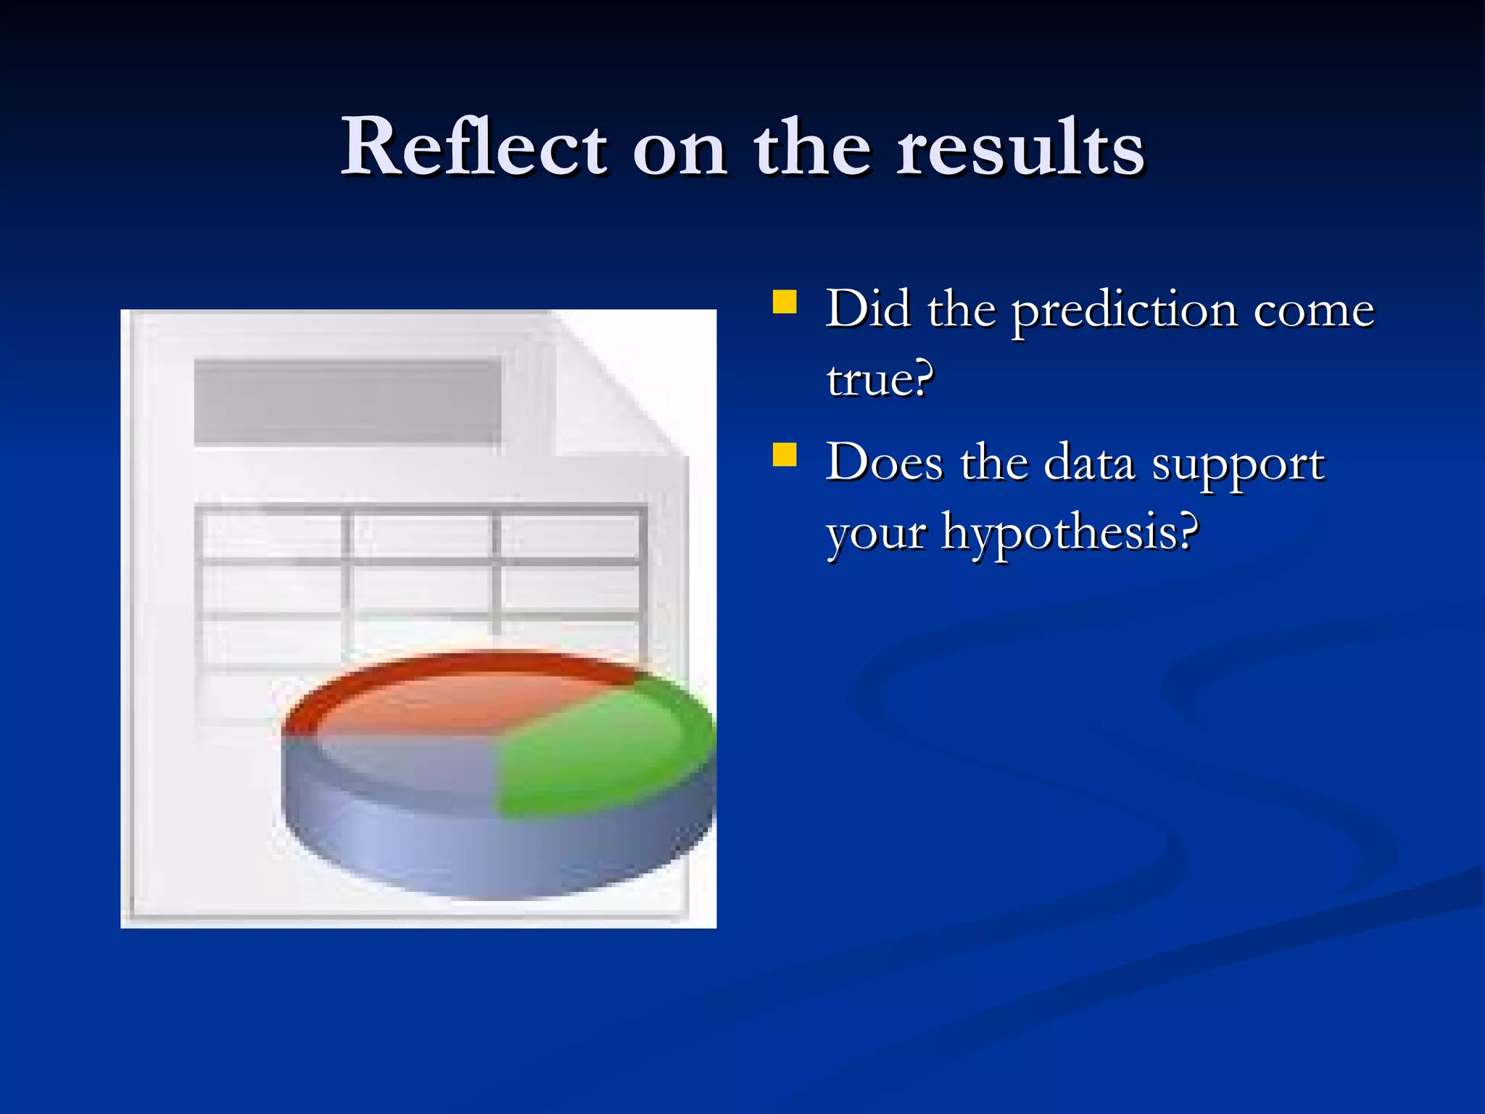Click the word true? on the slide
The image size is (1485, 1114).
(x=880, y=379)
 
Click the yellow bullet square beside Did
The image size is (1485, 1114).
(x=785, y=301)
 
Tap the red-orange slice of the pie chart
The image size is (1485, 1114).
(x=464, y=696)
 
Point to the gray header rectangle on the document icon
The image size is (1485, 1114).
(x=347, y=401)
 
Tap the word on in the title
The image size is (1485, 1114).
(x=679, y=149)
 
